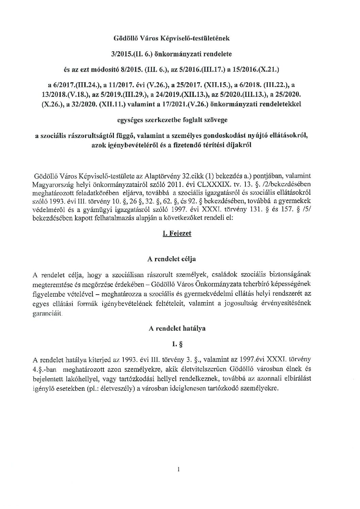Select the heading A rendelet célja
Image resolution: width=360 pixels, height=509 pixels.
point(172,259)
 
